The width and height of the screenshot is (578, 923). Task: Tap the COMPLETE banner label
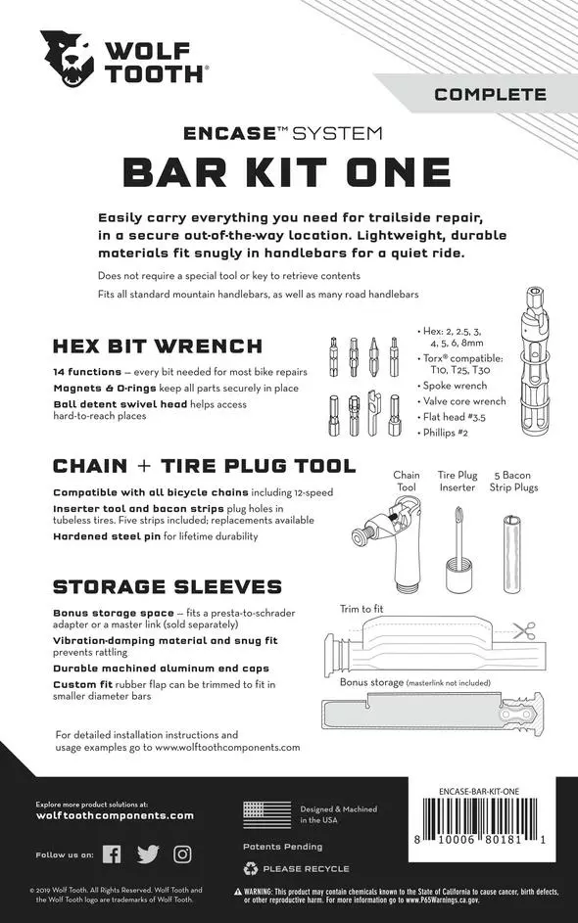click(x=490, y=95)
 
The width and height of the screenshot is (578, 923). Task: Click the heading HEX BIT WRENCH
click(x=158, y=346)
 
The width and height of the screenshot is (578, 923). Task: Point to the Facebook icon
click(x=113, y=854)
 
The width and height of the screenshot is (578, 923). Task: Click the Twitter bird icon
click(x=148, y=854)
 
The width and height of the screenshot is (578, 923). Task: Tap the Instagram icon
click(x=182, y=854)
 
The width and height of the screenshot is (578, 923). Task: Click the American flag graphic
click(x=267, y=815)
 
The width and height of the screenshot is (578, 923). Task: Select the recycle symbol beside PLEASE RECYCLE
click(x=251, y=868)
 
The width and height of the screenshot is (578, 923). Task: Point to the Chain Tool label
click(x=407, y=481)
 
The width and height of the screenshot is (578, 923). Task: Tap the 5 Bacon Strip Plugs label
click(x=515, y=481)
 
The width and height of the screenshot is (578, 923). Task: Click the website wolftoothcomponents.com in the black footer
click(x=115, y=815)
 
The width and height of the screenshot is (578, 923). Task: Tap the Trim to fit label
click(x=362, y=609)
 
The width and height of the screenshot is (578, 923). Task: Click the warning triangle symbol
click(x=239, y=893)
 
